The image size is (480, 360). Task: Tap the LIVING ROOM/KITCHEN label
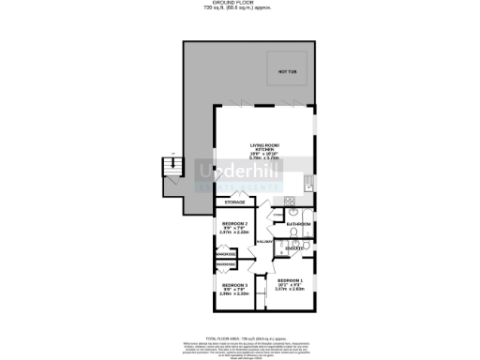pos(265,148)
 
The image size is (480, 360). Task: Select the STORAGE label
pos(235,202)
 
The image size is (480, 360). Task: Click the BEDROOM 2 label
pos(234,224)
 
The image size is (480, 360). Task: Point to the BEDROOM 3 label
pos(234,284)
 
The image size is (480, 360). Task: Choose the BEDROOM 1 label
pos(290,281)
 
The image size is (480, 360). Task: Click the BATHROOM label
pos(298,225)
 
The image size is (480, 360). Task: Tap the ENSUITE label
pos(294,247)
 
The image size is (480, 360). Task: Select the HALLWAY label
pos(263,241)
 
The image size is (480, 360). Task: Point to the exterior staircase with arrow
pos(171,169)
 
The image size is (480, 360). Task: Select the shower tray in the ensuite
pos(307,247)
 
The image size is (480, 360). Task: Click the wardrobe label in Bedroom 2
pos(224,254)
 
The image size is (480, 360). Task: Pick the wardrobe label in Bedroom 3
pos(225,266)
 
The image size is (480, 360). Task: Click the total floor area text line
pos(240,336)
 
